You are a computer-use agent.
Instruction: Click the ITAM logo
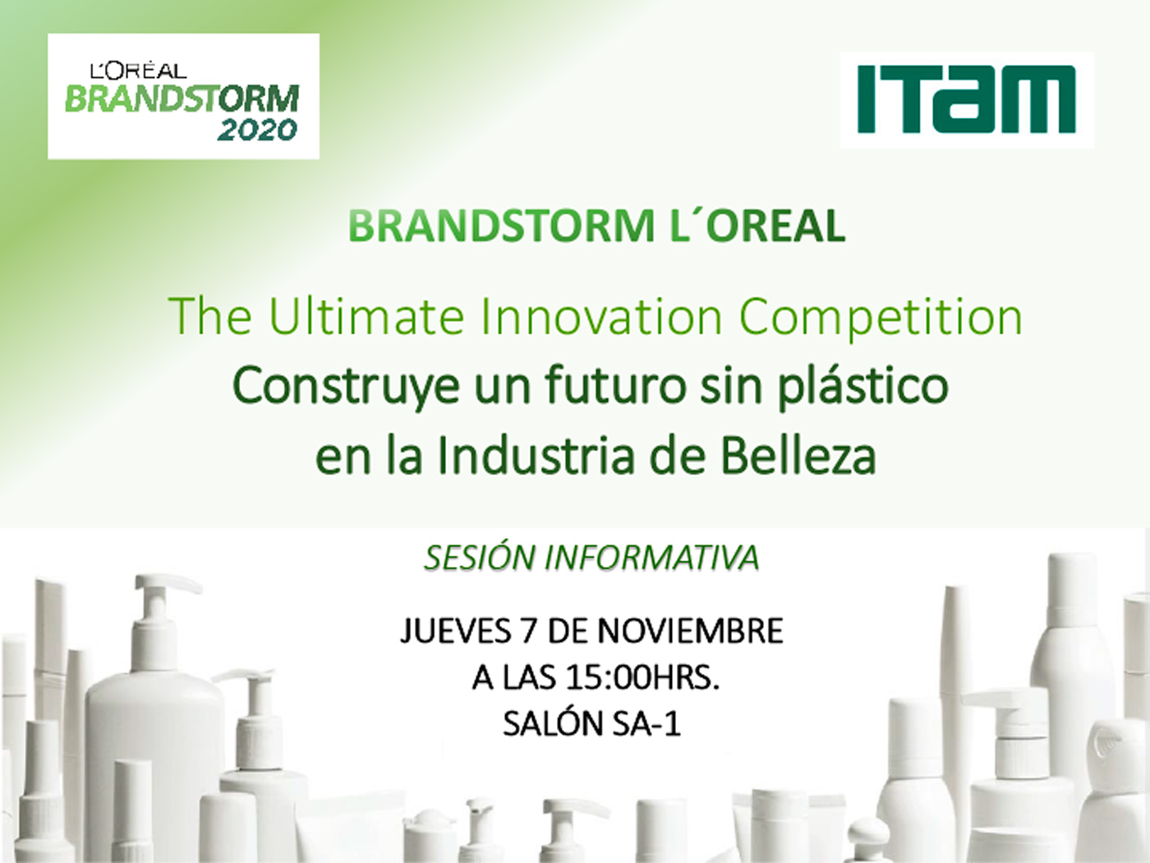pos(967,99)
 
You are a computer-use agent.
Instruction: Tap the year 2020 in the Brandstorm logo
pos(257,131)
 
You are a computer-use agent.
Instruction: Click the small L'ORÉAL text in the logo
pos(139,71)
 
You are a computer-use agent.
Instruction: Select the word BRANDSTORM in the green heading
pos(501,226)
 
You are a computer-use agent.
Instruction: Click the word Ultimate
pos(366,316)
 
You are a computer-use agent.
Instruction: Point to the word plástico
pos(862,386)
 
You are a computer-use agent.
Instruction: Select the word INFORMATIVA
pos(652,557)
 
